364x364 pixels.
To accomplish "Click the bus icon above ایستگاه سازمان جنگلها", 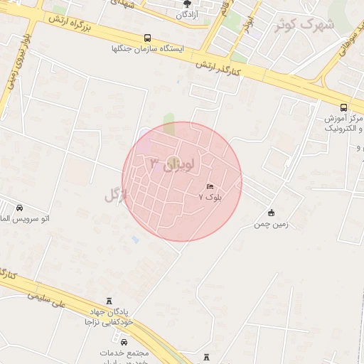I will (x=147, y=38).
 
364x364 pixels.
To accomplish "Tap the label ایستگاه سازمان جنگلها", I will (x=147, y=49).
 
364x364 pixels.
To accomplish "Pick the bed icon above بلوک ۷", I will (x=209, y=186).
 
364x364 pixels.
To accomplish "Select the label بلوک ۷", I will (x=210, y=197).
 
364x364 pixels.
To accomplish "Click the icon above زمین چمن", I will (x=271, y=213).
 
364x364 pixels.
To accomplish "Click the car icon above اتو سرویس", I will (x=18, y=208).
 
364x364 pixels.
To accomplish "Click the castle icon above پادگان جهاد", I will (x=108, y=301).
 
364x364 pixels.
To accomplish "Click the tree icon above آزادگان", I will (x=188, y=3).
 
